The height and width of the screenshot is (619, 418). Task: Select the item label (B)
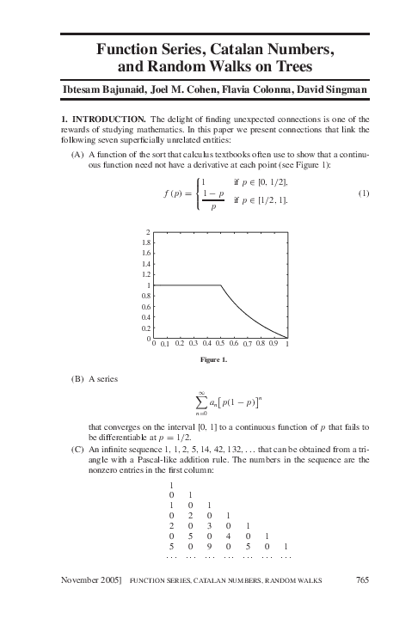[77, 379]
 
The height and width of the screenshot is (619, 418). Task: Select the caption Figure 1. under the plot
[211, 359]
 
